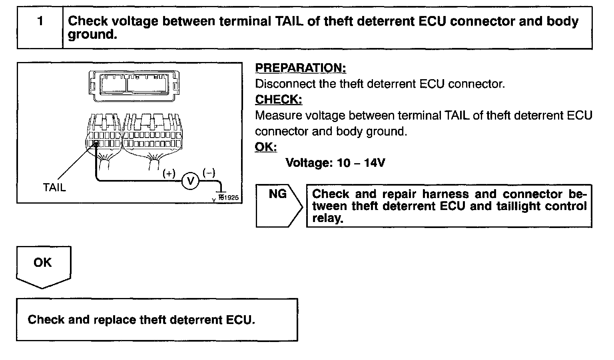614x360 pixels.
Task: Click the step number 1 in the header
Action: click(x=40, y=21)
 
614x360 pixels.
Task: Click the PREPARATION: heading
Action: click(x=300, y=68)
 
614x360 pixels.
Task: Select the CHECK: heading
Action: click(x=279, y=99)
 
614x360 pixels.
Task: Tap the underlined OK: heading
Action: click(x=266, y=147)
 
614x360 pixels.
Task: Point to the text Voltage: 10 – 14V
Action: click(x=335, y=163)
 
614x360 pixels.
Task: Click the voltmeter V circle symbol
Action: click(x=191, y=182)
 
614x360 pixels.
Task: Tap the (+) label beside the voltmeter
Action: click(x=169, y=173)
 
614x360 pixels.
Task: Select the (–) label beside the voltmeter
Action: click(x=209, y=173)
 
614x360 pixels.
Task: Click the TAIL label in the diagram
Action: click(x=54, y=187)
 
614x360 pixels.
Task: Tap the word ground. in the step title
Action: click(x=92, y=35)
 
